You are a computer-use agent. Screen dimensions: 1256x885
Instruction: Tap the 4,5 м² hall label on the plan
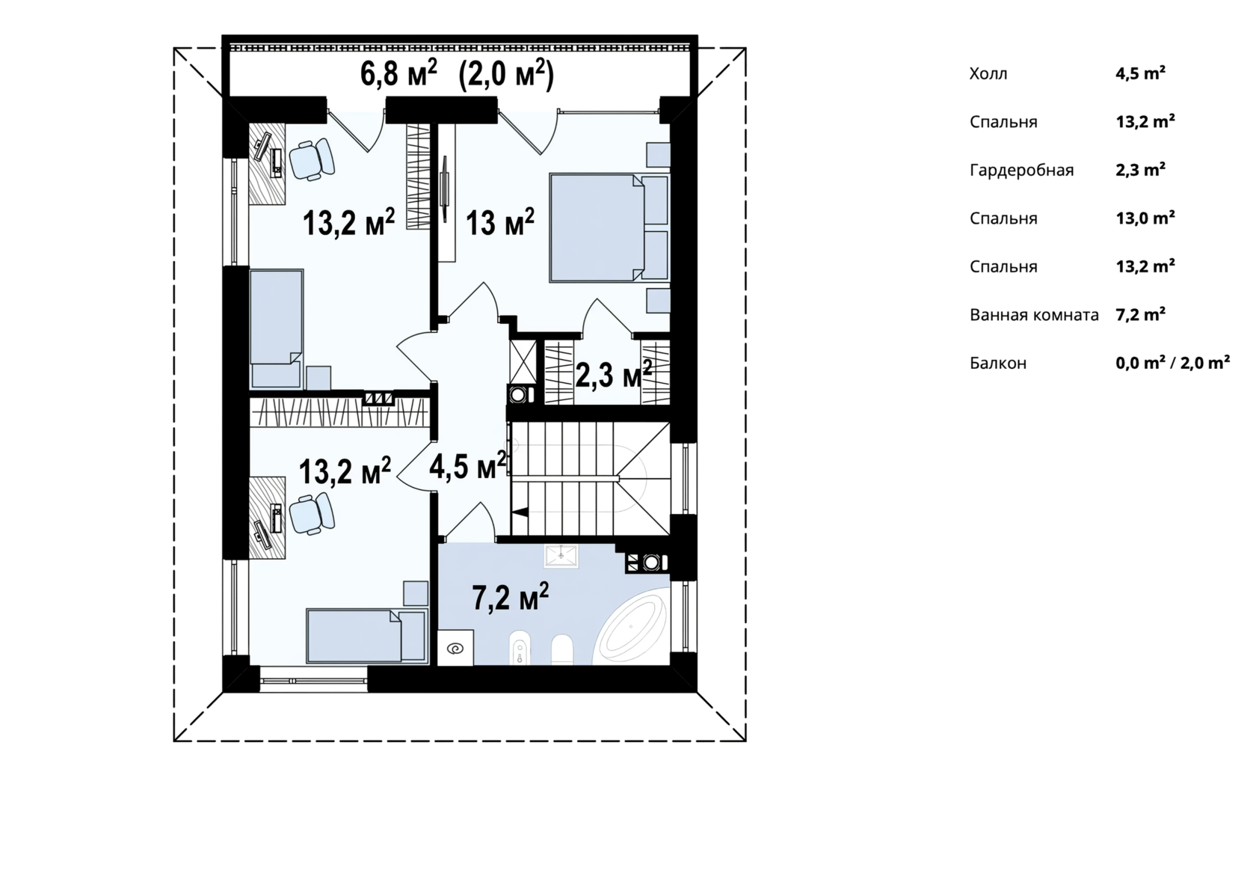click(x=468, y=465)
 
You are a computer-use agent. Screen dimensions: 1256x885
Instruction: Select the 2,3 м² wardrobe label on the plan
click(x=614, y=374)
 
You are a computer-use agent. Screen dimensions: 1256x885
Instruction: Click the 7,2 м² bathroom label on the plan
click(x=510, y=596)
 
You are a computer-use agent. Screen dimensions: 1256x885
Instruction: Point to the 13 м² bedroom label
click(x=500, y=221)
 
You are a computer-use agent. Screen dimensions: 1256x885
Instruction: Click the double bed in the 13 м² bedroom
click(x=609, y=227)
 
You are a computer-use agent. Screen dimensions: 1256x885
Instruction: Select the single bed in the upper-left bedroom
click(x=277, y=329)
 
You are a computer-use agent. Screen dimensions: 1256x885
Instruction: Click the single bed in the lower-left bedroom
click(x=366, y=636)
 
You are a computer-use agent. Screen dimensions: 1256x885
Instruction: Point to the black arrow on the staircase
click(x=520, y=512)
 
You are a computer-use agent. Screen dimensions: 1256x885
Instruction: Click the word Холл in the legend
click(x=988, y=74)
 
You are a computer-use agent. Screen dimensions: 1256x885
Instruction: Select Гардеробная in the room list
click(x=1021, y=171)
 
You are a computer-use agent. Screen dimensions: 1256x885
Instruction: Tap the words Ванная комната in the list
click(x=1034, y=315)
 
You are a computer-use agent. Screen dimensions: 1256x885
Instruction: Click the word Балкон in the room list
click(x=998, y=363)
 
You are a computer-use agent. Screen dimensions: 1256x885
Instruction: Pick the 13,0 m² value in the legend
click(x=1145, y=218)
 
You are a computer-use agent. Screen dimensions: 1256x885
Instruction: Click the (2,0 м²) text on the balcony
click(x=505, y=74)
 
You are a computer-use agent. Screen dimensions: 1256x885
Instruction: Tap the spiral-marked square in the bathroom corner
click(x=455, y=648)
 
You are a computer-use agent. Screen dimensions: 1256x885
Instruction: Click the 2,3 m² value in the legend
click(x=1141, y=170)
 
